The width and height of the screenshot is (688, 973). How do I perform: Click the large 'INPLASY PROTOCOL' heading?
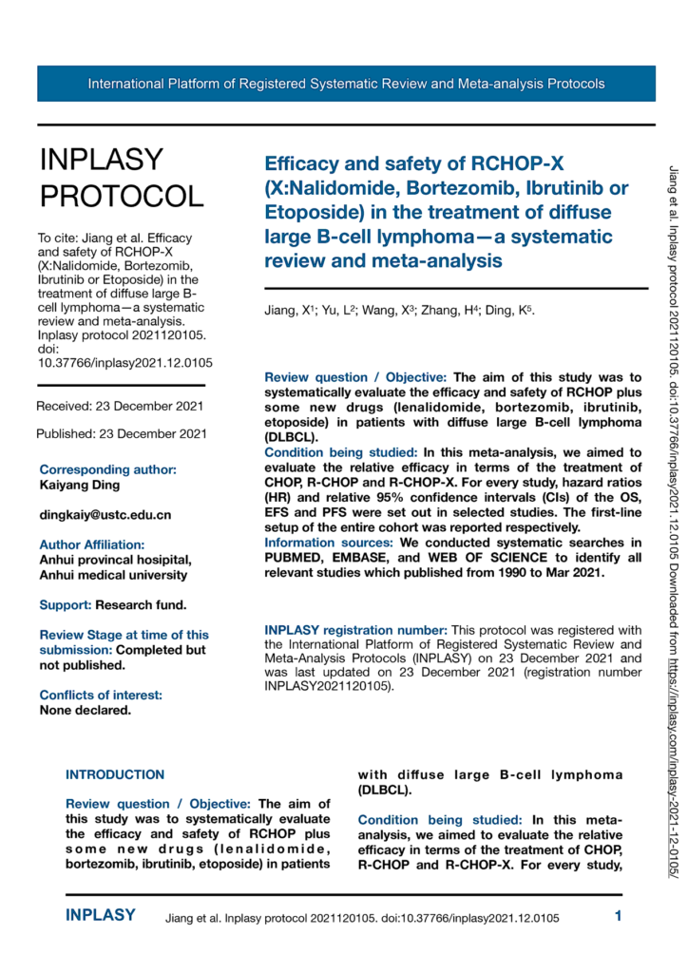click(121, 178)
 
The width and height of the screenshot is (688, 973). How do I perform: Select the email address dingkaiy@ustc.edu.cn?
click(105, 515)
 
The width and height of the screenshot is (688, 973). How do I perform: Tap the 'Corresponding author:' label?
click(107, 469)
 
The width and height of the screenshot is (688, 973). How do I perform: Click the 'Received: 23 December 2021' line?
click(120, 407)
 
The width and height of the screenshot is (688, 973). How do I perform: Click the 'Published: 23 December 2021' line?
click(122, 434)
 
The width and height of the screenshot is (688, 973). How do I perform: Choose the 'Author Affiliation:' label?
click(92, 544)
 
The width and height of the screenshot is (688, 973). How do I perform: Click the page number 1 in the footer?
click(618, 917)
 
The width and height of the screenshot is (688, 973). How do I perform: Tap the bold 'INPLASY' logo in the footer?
click(100, 916)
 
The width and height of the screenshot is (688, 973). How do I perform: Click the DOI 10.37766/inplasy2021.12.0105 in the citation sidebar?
click(124, 362)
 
